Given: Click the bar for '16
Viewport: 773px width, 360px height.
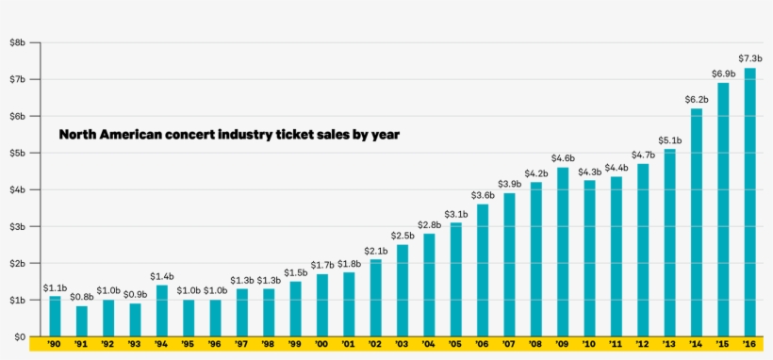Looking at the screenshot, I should click(749, 202).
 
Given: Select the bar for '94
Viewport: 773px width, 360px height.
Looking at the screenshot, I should click(162, 311).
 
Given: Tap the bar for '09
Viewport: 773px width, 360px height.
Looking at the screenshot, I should click(563, 252).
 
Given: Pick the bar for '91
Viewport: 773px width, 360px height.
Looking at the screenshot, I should click(82, 321).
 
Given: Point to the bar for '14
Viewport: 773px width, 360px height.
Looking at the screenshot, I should click(697, 222).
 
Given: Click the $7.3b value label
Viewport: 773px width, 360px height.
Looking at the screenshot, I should click(749, 59).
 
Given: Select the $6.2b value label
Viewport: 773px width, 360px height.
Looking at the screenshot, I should click(697, 99).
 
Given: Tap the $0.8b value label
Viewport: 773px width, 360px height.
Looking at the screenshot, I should click(82, 297).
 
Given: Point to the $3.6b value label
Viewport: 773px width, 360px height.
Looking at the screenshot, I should click(483, 195).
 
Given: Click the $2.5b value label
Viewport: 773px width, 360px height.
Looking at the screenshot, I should click(403, 236).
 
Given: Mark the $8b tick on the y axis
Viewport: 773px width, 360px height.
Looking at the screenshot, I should click(17, 42).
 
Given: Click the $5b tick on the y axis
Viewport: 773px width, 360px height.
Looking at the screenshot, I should click(17, 153).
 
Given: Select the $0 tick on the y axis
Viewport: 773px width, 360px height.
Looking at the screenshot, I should click(17, 336).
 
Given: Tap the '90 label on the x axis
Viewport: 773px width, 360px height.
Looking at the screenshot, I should click(55, 345).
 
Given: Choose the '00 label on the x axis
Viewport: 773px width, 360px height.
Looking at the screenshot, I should click(322, 345).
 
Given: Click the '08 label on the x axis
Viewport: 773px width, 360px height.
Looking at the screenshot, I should click(535, 345).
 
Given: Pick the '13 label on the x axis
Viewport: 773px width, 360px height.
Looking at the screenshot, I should click(669, 345).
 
